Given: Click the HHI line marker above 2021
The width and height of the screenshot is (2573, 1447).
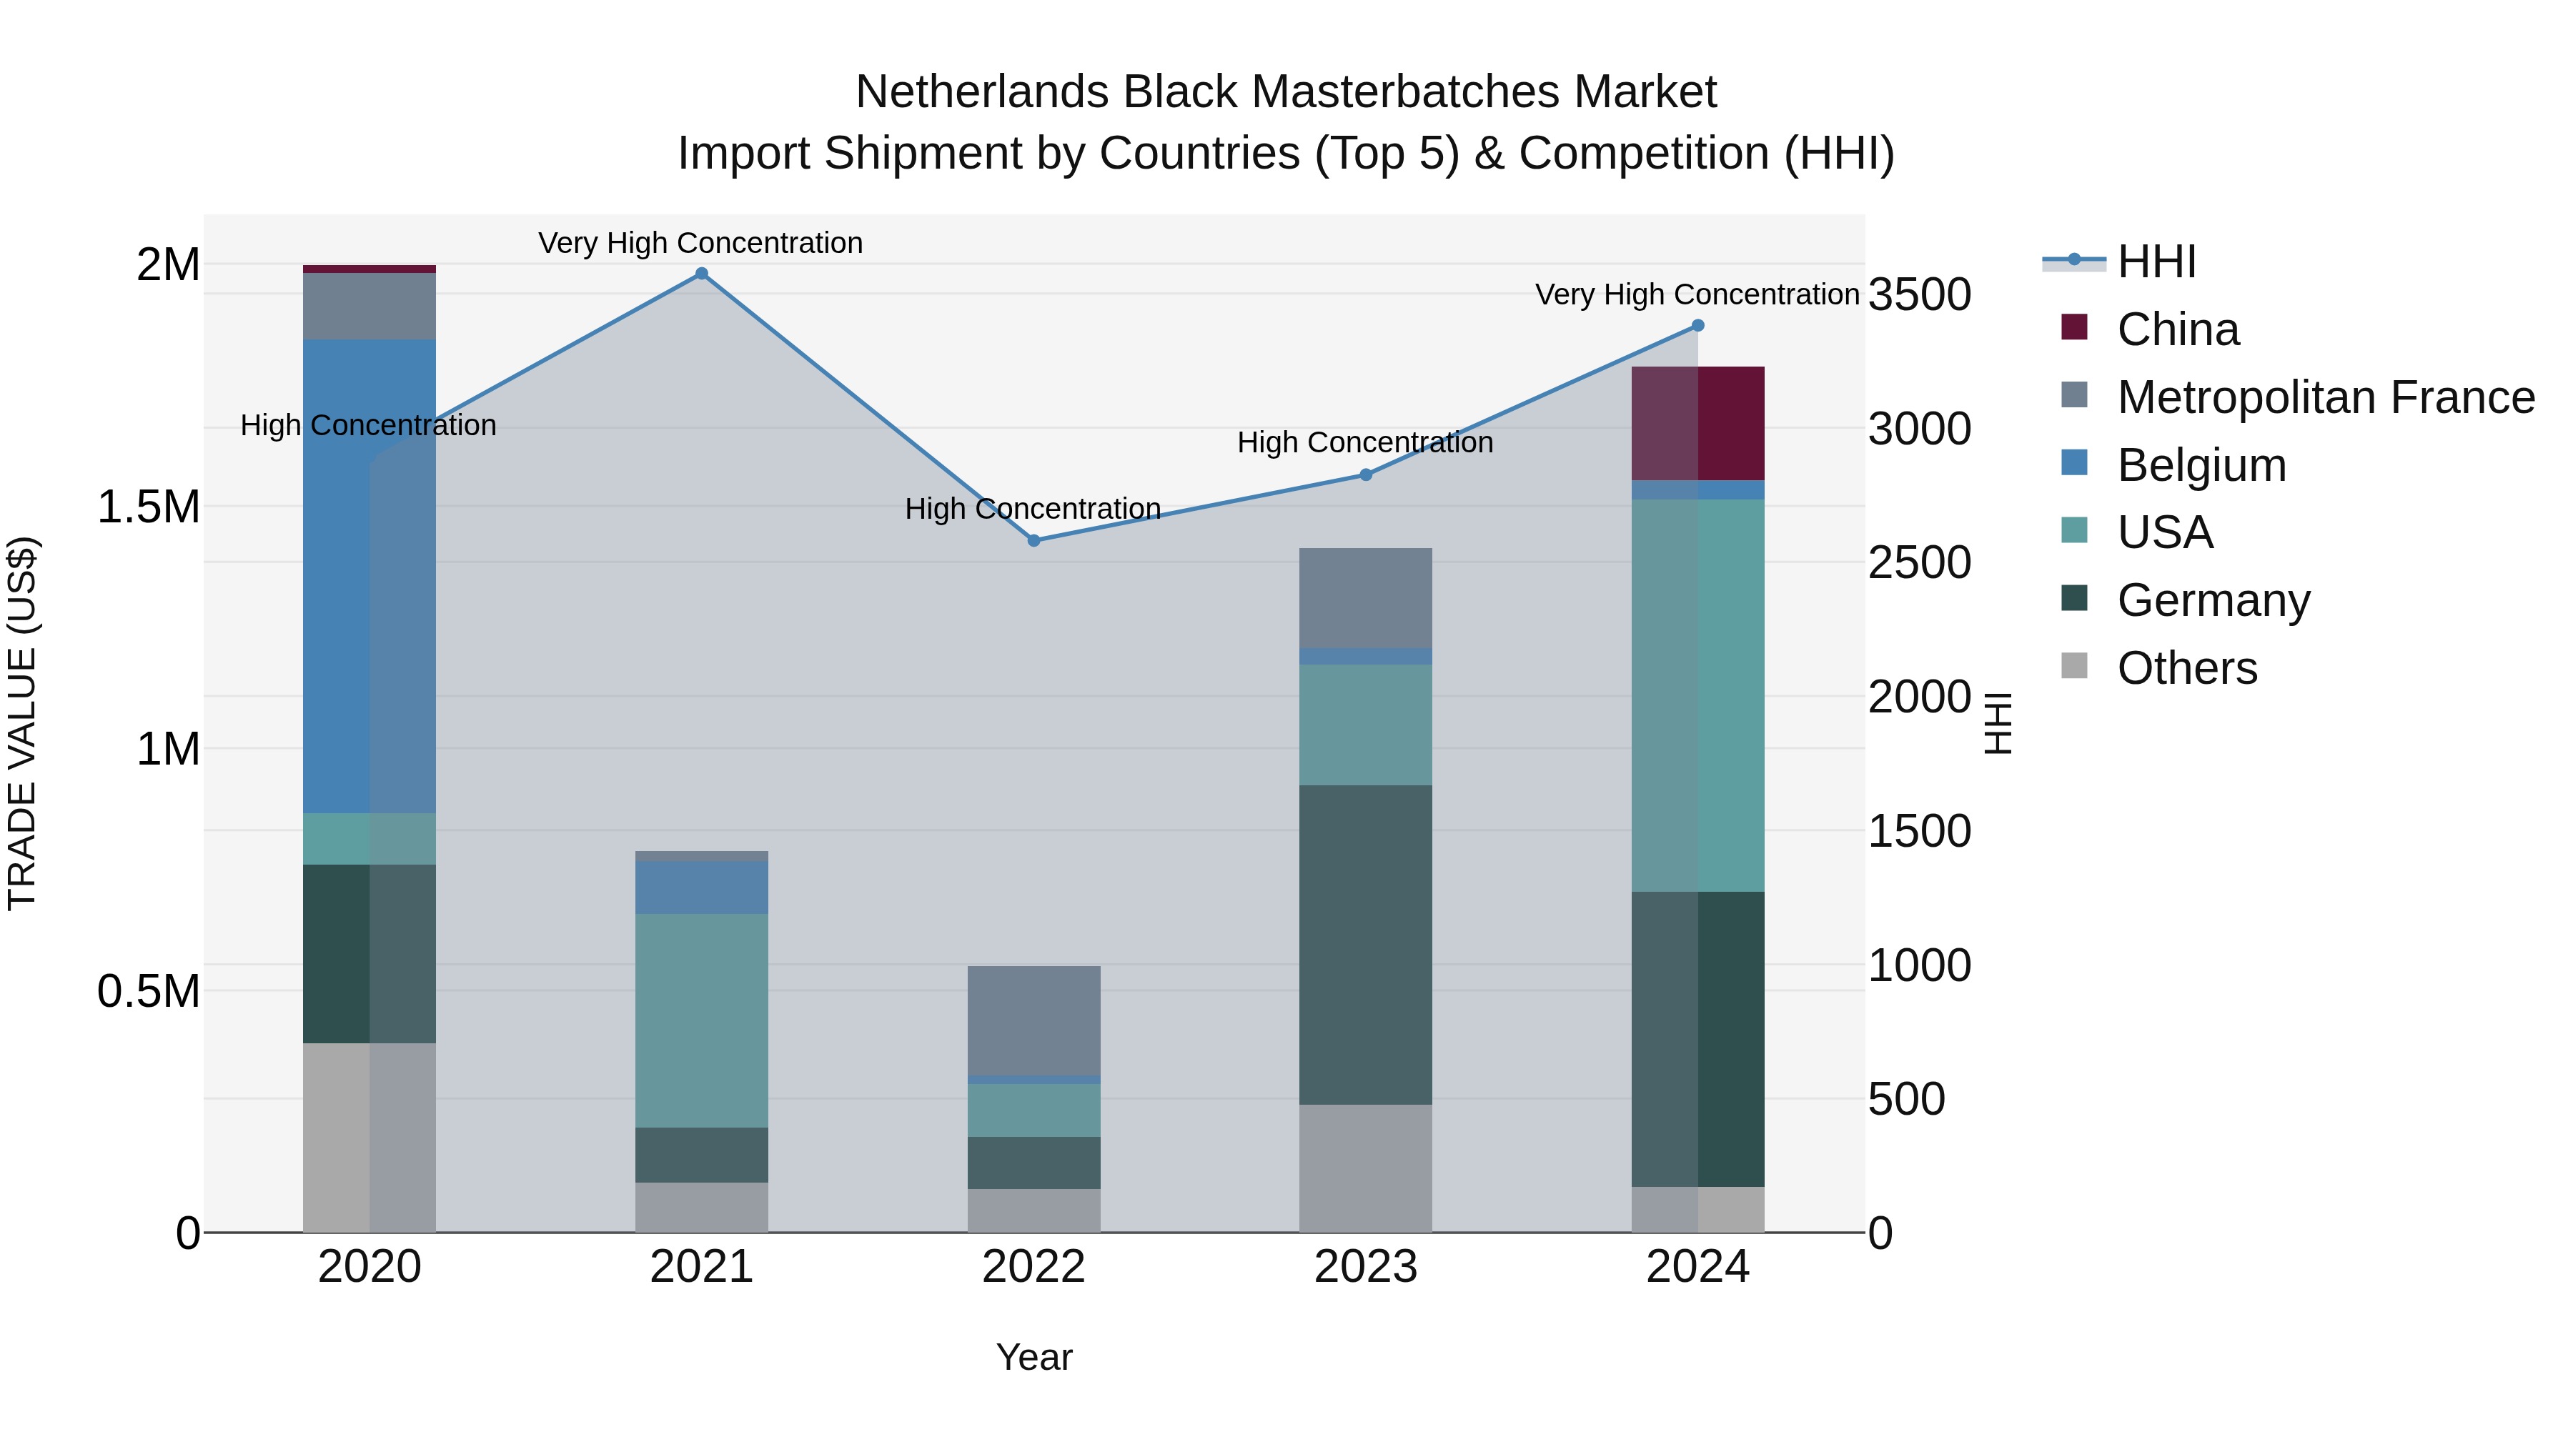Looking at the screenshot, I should [x=701, y=274].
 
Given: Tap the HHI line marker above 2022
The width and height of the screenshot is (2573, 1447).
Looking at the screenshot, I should [x=1033, y=540].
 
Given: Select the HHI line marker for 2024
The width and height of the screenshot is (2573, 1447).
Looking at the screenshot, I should [x=1697, y=326].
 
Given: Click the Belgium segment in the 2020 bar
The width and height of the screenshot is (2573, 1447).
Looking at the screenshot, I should [x=369, y=575].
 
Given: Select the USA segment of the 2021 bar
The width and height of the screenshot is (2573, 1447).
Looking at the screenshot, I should [x=701, y=1020].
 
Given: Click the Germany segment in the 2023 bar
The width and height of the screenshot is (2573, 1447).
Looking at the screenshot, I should [x=1364, y=944].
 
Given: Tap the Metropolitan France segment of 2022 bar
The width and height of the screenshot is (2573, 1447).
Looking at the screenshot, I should [x=1033, y=1020].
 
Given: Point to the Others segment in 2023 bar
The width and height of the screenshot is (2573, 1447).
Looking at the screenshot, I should [x=1364, y=1168].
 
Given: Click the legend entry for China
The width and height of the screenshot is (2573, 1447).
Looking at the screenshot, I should [x=2178, y=329].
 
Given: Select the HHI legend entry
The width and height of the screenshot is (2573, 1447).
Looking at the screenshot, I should [x=2156, y=262].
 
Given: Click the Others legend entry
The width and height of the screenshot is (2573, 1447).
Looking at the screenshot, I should [x=2186, y=668].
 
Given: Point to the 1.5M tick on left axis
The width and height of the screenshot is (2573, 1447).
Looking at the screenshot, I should [x=149, y=507].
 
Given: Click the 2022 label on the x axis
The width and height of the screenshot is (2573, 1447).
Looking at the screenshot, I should [x=1033, y=1267].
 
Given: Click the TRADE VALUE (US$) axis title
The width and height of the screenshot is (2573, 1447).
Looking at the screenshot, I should [x=22, y=723].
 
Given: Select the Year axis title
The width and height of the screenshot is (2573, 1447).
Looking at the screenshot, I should [x=1033, y=1357].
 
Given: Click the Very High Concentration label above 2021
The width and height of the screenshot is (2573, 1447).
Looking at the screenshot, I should [x=700, y=243].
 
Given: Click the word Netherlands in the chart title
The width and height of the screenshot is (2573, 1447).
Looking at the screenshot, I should [x=982, y=92].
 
